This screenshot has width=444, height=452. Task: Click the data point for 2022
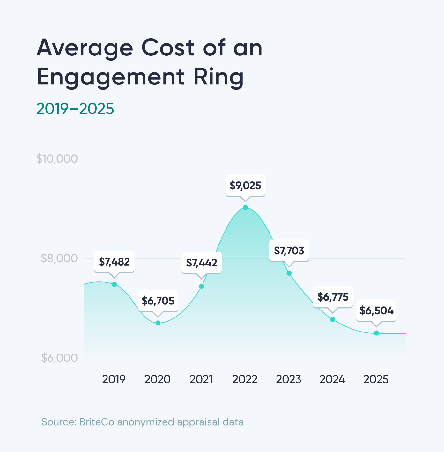(x=245, y=208)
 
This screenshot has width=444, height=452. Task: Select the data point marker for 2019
(x=114, y=284)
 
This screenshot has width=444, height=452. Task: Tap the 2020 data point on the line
(x=158, y=323)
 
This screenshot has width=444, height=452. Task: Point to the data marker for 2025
(x=376, y=333)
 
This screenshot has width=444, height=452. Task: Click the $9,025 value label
(x=245, y=186)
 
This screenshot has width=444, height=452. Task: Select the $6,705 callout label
(x=158, y=301)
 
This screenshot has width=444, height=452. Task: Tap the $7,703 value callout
(x=289, y=251)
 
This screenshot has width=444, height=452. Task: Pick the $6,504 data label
(x=376, y=310)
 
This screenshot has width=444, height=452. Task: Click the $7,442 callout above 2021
(x=202, y=263)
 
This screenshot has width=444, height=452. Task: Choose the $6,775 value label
(x=333, y=297)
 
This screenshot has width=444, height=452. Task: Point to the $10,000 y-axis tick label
(x=57, y=159)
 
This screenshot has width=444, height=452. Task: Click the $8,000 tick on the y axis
(x=59, y=258)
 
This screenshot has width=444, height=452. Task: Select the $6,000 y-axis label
(x=59, y=358)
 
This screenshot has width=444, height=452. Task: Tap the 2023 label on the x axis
(x=288, y=379)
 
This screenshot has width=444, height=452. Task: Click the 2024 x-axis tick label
(x=332, y=379)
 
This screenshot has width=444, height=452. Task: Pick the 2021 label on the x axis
(x=201, y=379)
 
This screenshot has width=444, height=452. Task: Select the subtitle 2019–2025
(x=75, y=109)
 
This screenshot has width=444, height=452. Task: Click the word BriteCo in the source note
(x=96, y=422)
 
